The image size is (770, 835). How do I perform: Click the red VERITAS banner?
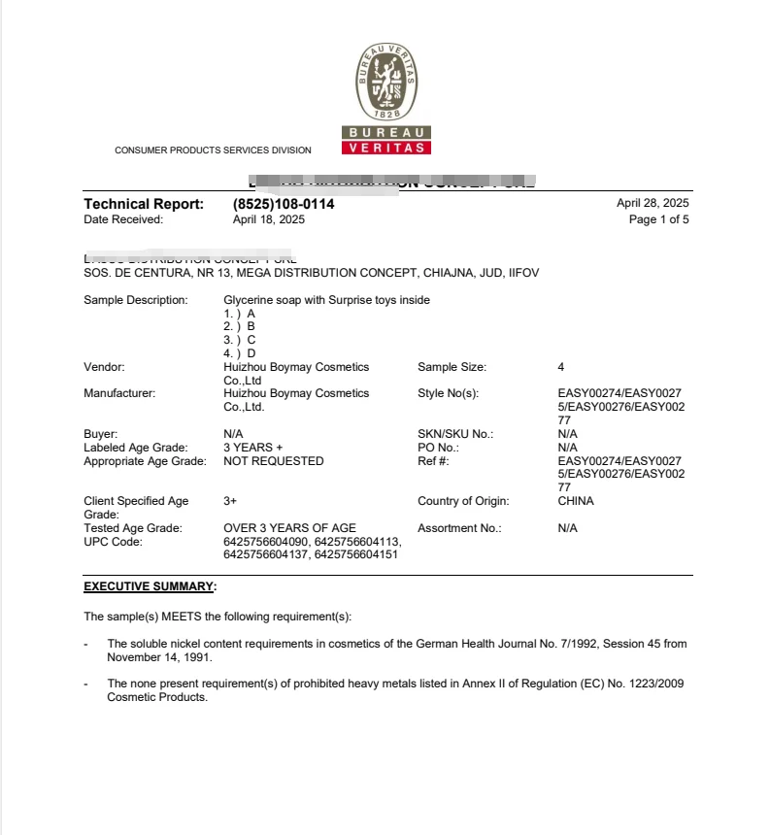pos(386,148)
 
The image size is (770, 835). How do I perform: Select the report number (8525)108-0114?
pos(284,204)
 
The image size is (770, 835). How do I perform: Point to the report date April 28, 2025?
pos(653,203)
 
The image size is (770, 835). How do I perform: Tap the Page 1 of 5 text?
pos(659,219)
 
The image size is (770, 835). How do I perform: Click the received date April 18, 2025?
pos(269,219)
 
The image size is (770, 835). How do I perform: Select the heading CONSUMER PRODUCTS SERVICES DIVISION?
pos(213,150)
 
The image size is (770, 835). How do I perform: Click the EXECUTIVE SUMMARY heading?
pos(148,586)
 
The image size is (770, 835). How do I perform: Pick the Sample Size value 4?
pos(561,367)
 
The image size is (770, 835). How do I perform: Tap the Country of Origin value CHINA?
pos(576,501)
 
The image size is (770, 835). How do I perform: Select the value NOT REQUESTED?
pos(273,461)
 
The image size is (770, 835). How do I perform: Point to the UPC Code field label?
pos(113,542)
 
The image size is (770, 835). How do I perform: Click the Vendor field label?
pos(104,367)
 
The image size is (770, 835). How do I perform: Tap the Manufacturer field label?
pos(119,393)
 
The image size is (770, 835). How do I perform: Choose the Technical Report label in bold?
pos(144,204)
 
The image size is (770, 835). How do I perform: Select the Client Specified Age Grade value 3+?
pos(230,501)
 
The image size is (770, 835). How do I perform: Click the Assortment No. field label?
pos(459,528)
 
